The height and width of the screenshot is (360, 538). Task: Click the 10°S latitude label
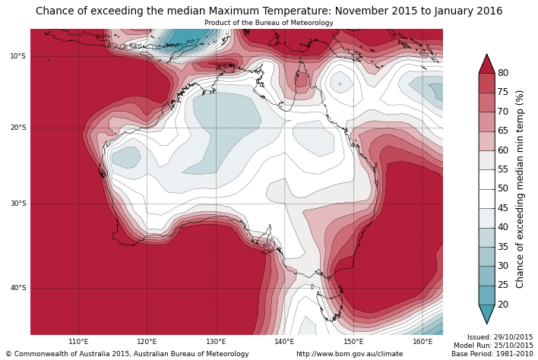coord(18,56)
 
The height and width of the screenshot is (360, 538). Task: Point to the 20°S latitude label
coord(18,128)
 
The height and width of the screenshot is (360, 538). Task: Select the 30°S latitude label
coord(18,204)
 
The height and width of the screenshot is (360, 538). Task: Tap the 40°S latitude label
coord(18,288)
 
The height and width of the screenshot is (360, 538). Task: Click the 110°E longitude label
coord(78,342)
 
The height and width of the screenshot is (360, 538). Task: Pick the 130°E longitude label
coord(216,342)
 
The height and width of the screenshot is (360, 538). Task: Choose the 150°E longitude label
coord(353,342)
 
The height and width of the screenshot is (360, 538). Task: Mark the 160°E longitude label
coord(422,342)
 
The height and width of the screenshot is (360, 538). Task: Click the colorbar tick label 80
coord(503,73)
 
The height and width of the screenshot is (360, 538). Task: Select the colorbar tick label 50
coord(503,188)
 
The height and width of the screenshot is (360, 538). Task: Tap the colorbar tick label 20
coord(503,305)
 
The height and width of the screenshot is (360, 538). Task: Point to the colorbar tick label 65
coord(503,131)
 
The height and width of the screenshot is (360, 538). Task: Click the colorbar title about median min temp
coord(521,188)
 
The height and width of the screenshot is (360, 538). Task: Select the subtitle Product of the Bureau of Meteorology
coord(268,23)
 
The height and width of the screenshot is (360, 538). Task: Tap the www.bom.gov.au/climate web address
coord(350,354)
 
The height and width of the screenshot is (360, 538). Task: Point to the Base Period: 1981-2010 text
coord(492,354)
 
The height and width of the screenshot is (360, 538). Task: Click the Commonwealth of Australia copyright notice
coord(127,354)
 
